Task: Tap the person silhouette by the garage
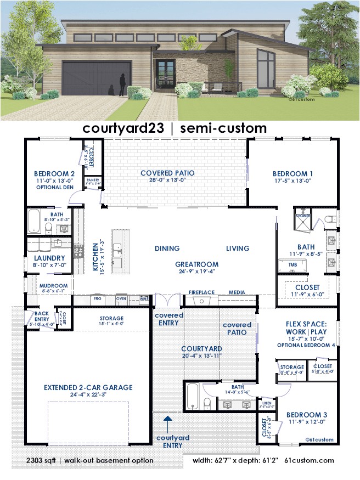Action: tap(122, 85)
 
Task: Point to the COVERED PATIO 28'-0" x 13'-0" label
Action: tap(167, 176)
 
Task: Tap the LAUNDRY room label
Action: tap(49, 258)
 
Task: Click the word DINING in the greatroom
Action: tap(167, 249)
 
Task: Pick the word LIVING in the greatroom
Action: tap(237, 249)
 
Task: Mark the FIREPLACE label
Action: tap(201, 292)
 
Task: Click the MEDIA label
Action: tap(237, 292)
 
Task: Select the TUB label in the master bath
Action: tap(292, 264)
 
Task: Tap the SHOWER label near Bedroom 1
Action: tap(303, 216)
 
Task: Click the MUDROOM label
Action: tap(53, 286)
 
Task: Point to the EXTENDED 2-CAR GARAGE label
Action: tap(88, 387)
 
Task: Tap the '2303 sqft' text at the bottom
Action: tap(44, 460)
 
